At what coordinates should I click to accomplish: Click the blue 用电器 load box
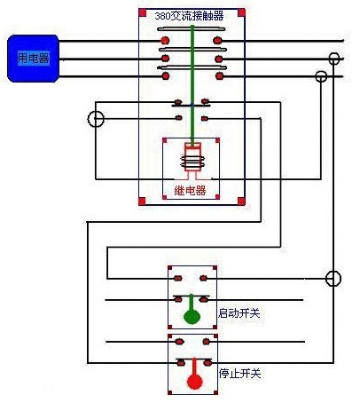coord(33,58)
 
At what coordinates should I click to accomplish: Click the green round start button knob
coord(191,316)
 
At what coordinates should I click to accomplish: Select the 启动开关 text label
coord(239,312)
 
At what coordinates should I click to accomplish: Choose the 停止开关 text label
coord(239,374)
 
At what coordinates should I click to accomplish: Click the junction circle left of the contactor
coord(96,118)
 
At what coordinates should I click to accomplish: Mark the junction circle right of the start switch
coord(333,279)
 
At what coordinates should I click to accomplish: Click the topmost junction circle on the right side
coord(333,59)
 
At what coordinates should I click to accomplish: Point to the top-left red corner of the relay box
coord(165,140)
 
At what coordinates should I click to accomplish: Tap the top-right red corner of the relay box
coord(216,140)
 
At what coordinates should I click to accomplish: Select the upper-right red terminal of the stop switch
coord(205,341)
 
